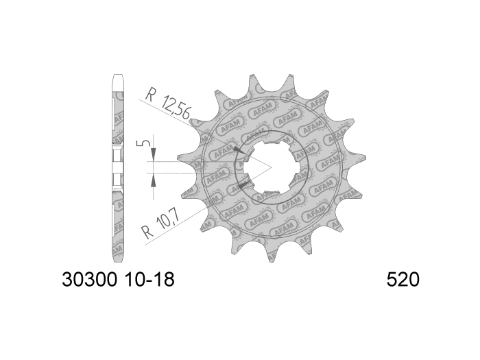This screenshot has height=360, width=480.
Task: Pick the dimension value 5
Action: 140,145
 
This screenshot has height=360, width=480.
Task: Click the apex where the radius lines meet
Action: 272,167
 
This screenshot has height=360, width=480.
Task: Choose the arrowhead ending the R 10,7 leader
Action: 243,184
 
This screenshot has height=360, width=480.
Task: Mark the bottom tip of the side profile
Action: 117,261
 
